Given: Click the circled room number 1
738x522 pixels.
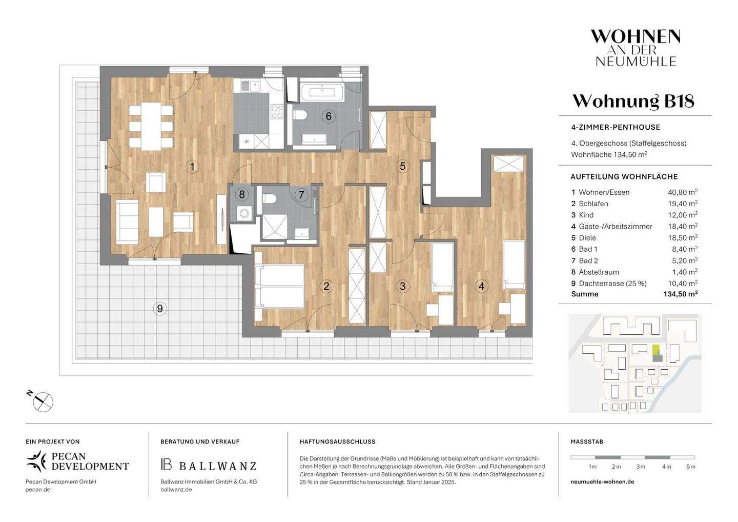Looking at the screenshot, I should pyautogui.click(x=192, y=167).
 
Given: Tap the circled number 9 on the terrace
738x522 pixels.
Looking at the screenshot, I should pyautogui.click(x=160, y=308).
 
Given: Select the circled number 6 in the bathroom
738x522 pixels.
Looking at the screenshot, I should pyautogui.click(x=329, y=116).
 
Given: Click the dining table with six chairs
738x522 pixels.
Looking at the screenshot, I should pyautogui.click(x=151, y=126).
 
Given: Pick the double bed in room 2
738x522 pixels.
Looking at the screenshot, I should pyautogui.click(x=279, y=286).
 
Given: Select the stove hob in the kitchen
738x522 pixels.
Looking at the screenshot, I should pyautogui.click(x=277, y=111).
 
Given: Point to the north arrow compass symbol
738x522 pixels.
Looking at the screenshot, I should pyautogui.click(x=43, y=401).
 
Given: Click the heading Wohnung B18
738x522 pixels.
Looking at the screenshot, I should pyautogui.click(x=633, y=101).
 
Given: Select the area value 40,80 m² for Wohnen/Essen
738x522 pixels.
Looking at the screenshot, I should pyautogui.click(x=680, y=192).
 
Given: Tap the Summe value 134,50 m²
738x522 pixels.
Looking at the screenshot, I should pyautogui.click(x=680, y=294).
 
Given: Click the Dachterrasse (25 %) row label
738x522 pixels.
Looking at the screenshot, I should pyautogui.click(x=612, y=283).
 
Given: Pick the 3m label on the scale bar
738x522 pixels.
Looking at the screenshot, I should pyautogui.click(x=641, y=467).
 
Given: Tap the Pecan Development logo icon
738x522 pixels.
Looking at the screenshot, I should pyautogui.click(x=36, y=460).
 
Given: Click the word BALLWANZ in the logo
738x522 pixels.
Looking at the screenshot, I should pyautogui.click(x=217, y=466).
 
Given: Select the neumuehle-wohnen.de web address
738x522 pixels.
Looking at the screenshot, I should pyautogui.click(x=602, y=482).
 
